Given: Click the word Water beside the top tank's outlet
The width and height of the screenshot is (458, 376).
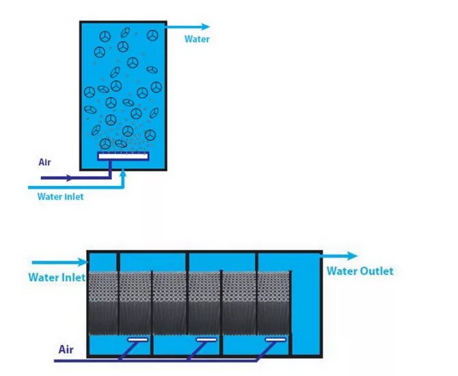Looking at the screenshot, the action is [197, 39].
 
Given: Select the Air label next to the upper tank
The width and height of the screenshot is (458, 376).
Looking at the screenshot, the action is [44, 163].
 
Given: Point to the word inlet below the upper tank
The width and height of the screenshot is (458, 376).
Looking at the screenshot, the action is [73, 197].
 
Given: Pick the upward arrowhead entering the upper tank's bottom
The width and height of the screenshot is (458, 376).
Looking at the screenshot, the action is [123, 174].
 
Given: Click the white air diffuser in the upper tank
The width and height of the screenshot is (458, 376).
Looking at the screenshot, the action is [123, 157].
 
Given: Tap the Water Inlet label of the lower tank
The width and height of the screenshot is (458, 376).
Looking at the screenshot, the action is [57, 278].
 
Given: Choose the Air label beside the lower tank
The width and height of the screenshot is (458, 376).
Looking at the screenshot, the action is [66, 349].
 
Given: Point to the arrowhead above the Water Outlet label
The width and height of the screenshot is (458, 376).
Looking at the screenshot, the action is [351, 256].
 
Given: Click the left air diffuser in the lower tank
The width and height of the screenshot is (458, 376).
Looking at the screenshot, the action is [138, 339].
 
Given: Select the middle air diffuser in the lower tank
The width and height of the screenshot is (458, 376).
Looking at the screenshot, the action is [206, 339].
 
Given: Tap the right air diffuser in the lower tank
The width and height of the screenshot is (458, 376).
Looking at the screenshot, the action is [275, 339].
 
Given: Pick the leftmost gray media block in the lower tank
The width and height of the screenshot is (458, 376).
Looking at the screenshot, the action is [103, 304].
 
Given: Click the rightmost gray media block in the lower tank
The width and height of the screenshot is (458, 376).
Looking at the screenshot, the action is [274, 304].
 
